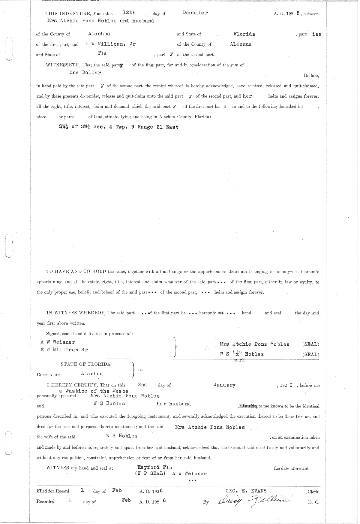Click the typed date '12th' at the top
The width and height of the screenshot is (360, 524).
pos(129,13)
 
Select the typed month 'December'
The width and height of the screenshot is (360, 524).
pos(195,13)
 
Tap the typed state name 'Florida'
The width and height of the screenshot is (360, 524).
pos(244,34)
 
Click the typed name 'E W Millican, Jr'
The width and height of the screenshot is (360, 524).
pos(110,44)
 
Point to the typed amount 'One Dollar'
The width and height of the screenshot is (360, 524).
pos(85,72)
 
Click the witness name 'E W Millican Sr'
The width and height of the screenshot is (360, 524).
pos(64,350)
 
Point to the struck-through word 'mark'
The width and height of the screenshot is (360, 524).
pos(239,359)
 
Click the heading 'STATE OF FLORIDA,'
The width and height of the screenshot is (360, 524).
pos(86,364)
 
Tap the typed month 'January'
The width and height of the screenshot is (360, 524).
pos(224,385)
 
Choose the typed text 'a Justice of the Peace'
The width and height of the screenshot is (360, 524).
pos(94,391)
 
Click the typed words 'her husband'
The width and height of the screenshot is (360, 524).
pos(174,404)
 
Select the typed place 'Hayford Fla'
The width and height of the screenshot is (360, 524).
pos(155,467)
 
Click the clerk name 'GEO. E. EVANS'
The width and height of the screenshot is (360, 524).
pos(246,491)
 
